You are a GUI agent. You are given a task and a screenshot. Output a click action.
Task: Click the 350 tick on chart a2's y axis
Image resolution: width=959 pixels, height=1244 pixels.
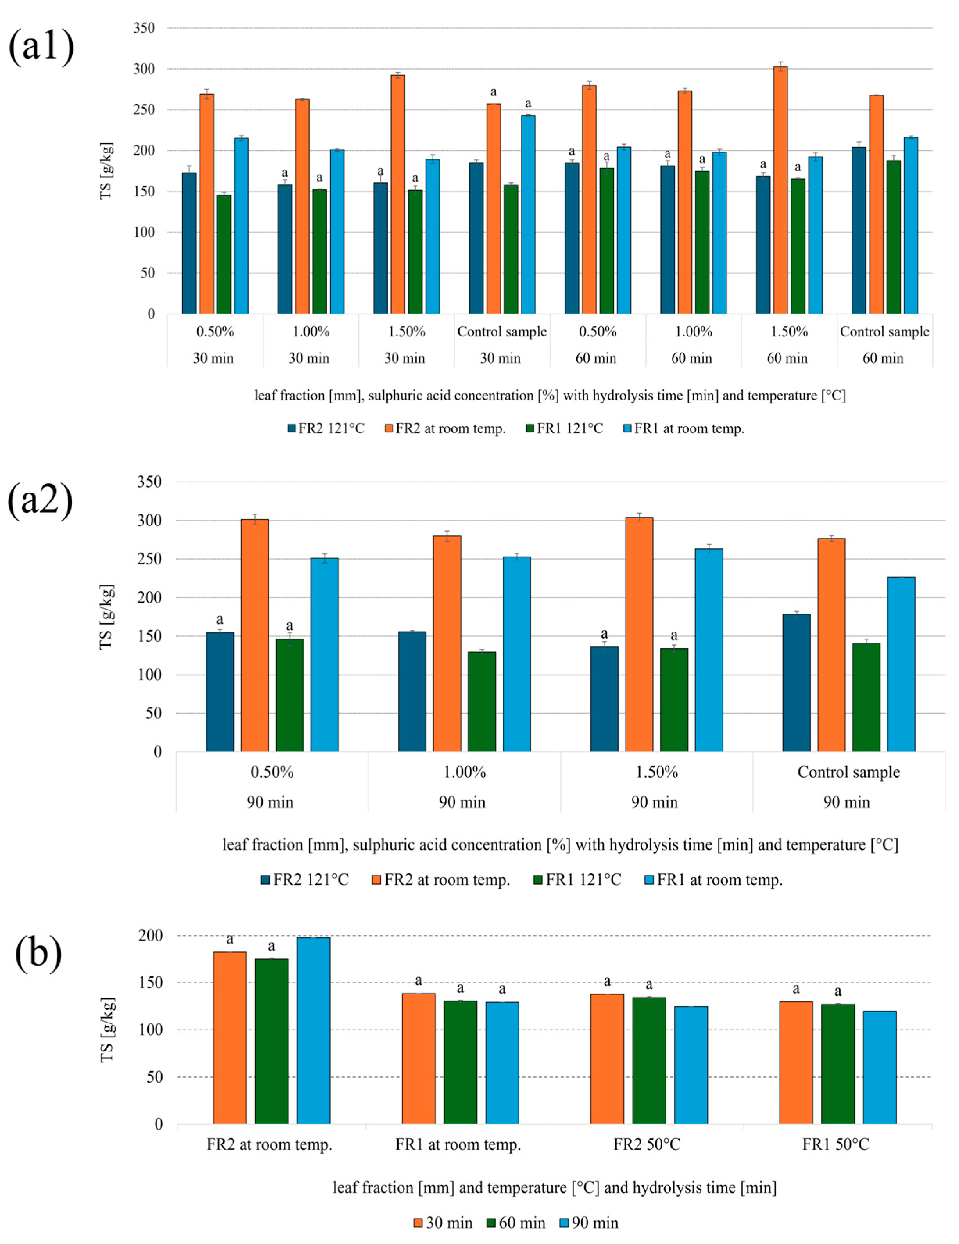point(149,482)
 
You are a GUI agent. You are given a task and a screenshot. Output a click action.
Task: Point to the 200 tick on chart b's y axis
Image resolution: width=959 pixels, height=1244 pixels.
point(150,936)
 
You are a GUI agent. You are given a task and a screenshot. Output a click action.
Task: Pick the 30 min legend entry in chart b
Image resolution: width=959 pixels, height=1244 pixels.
point(443,1223)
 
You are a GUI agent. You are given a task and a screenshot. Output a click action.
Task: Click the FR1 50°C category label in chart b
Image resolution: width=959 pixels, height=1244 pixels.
point(836,1145)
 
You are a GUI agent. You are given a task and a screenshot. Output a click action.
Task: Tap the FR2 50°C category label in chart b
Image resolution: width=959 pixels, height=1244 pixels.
point(647,1145)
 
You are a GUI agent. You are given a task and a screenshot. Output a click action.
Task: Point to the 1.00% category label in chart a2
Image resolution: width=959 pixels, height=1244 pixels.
point(464,773)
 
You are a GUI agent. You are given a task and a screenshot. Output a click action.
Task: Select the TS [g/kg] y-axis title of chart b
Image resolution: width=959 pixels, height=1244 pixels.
point(107,1030)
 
